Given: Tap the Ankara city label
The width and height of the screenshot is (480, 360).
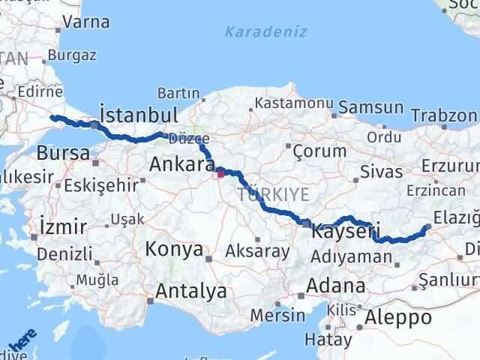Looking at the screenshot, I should pyautogui.click(x=181, y=163).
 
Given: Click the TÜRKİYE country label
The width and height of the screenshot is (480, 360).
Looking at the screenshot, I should pyautogui.click(x=273, y=194).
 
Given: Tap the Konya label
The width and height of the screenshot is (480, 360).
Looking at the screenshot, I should pyautogui.click(x=174, y=249).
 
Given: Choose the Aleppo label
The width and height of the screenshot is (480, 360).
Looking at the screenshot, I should pyautogui.click(x=397, y=317).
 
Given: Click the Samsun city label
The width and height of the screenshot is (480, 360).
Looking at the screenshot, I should pyautogui.click(x=370, y=108).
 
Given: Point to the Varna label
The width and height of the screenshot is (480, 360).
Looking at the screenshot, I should pyautogui.click(x=86, y=22).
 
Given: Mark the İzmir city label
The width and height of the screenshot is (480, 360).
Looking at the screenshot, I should pyautogui.click(x=64, y=226).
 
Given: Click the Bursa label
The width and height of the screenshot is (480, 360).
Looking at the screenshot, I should pyautogui.click(x=62, y=152).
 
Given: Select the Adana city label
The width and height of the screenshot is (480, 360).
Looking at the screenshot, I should pyautogui.click(x=340, y=285).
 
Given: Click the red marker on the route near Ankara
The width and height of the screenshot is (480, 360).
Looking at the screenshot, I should pyautogui.click(x=220, y=175).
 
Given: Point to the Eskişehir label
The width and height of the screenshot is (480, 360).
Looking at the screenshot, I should pyautogui.click(x=102, y=184).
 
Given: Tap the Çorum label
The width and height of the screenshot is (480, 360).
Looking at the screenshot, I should pyautogui.click(x=320, y=151).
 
